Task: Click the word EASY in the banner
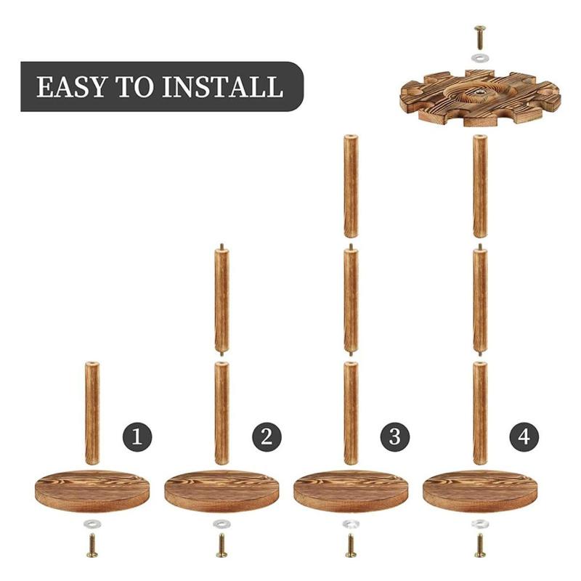click(70, 87)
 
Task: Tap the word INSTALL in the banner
click(222, 87)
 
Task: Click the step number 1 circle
click(137, 437)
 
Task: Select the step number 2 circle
click(267, 437)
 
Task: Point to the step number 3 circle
click(394, 437)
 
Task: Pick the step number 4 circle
click(524, 437)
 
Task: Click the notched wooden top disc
click(480, 97)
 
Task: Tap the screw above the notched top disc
click(480, 38)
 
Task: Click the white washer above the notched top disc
click(480, 58)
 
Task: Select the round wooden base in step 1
click(92, 492)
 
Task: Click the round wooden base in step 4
click(480, 492)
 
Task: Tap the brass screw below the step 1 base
click(92, 545)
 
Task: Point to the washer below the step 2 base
click(222, 524)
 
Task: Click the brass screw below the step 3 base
click(351, 545)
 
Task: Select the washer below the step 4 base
click(480, 524)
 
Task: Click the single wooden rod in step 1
click(92, 413)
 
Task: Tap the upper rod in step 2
click(222, 299)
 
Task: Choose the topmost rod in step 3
click(351, 186)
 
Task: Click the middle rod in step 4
click(480, 299)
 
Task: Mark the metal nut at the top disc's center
click(479, 90)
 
